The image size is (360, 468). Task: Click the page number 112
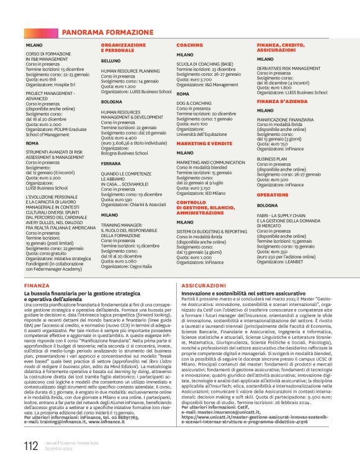[x=30, y=446]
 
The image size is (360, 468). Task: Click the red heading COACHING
[x=189, y=45]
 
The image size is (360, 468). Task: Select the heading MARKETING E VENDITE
[x=204, y=143]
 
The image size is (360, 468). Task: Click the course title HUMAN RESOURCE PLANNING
[x=130, y=71]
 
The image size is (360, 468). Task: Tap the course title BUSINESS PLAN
[x=272, y=158]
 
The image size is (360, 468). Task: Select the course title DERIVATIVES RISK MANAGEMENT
[x=289, y=68]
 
